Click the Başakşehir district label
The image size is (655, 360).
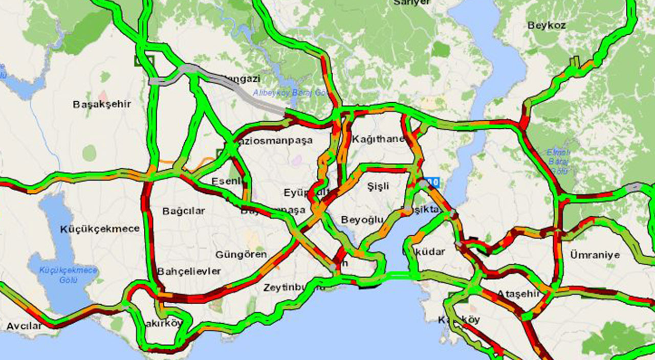[x=102, y=104]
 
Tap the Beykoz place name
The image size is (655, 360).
[x=547, y=26]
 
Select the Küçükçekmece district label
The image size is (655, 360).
[x=99, y=229]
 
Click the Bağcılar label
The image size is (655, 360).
[x=184, y=211]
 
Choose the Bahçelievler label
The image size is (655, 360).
[x=189, y=271]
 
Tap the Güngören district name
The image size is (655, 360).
[x=241, y=254]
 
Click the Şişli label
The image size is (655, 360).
[x=378, y=187]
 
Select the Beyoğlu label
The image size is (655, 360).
[x=362, y=219]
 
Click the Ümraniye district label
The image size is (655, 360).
[x=595, y=255]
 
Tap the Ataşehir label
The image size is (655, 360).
[x=518, y=294]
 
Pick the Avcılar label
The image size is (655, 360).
[x=24, y=326]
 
